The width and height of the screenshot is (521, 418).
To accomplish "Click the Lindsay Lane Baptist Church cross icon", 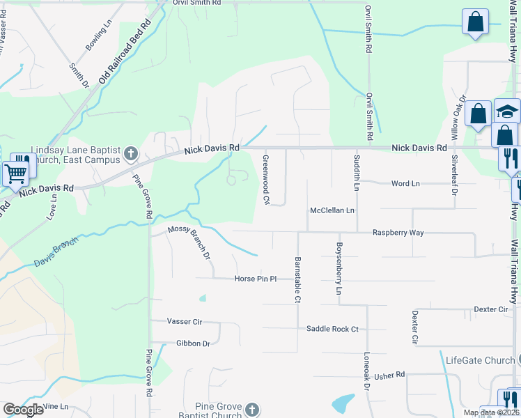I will pyautogui.click(x=130, y=153).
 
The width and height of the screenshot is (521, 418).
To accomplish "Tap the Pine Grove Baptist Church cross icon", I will pyautogui.click(x=252, y=410).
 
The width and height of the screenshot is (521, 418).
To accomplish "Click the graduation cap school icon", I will pyautogui.click(x=508, y=111).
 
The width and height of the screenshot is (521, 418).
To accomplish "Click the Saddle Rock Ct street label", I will pyautogui.click(x=332, y=329).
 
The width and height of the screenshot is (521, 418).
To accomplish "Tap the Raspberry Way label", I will pyautogui.click(x=398, y=233).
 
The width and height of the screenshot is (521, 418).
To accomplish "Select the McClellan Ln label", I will pyautogui.click(x=332, y=210).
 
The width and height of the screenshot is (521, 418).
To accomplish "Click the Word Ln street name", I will pyautogui.click(x=405, y=183).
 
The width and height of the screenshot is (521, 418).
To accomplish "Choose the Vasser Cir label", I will pyautogui.click(x=184, y=321).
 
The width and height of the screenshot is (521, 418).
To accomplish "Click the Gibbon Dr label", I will pyautogui.click(x=193, y=343).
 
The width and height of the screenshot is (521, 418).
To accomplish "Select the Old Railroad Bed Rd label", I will pyautogui.click(x=125, y=52).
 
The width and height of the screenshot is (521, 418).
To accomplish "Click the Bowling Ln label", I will pyautogui.click(x=98, y=35).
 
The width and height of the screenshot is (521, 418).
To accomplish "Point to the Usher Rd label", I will pyautogui.click(x=389, y=376).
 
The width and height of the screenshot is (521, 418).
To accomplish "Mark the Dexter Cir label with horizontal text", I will pyautogui.click(x=490, y=309).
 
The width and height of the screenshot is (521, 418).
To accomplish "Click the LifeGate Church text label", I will pyautogui.click(x=480, y=360).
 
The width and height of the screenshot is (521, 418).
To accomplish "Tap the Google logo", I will pyautogui.click(x=23, y=410).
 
